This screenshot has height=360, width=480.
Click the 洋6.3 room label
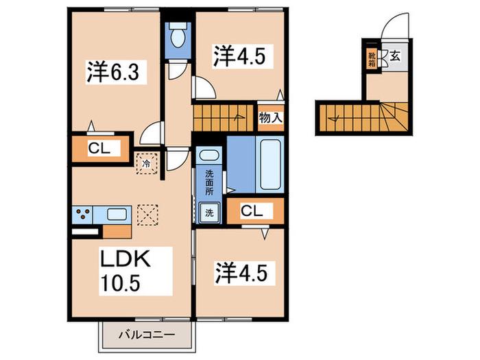[x=113, y=72]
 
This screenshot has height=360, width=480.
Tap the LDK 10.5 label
[x=125, y=271]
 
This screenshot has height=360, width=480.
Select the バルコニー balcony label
[x=147, y=335]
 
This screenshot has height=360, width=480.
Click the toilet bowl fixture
[x=178, y=36]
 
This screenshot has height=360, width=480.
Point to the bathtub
[x=270, y=165]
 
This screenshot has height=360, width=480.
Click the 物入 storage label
[x=271, y=117]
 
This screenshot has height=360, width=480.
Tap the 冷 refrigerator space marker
[x=147, y=164]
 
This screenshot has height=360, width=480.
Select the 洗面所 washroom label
[x=209, y=183]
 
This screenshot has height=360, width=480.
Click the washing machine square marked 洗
[x=210, y=213]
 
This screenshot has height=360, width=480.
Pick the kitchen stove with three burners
[x=83, y=214]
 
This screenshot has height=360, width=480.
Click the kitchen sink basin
[x=117, y=214]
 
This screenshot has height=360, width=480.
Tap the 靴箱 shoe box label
[x=372, y=60]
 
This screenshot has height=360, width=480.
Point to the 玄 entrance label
[x=395, y=56]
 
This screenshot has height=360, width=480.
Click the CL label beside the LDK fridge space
[x=99, y=149]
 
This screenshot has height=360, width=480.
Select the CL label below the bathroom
[x=252, y=211]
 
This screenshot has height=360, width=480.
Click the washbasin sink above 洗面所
[x=209, y=155]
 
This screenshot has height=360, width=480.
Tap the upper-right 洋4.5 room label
[x=239, y=56]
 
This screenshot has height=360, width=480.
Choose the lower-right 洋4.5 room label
[x=245, y=272]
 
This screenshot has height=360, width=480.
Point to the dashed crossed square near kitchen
[x=148, y=215]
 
